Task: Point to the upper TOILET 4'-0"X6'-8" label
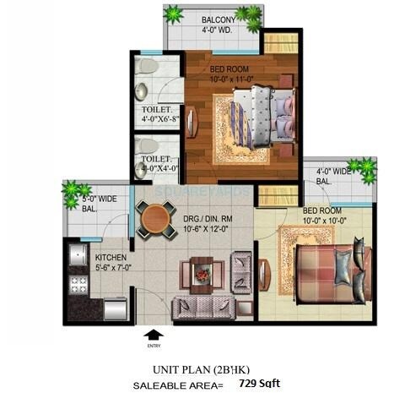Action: pyautogui.click(x=156, y=114)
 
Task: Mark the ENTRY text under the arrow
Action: pyautogui.click(x=153, y=345)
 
